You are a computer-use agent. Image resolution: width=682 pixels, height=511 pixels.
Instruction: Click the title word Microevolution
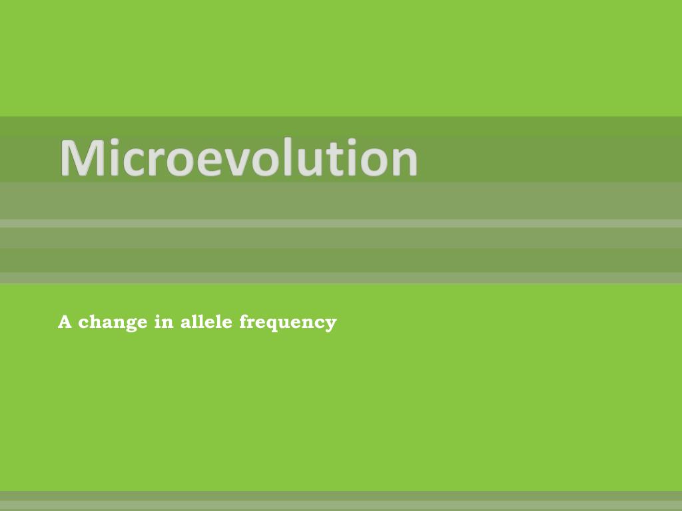[x=238, y=158]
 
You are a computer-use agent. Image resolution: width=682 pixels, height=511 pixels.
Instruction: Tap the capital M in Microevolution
[x=82, y=158]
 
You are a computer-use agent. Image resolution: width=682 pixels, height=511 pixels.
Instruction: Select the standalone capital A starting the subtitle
[x=65, y=322]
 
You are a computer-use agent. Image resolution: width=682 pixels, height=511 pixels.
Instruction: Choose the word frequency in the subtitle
[x=288, y=323]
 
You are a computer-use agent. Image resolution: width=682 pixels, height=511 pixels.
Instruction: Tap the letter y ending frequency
[x=331, y=325]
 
